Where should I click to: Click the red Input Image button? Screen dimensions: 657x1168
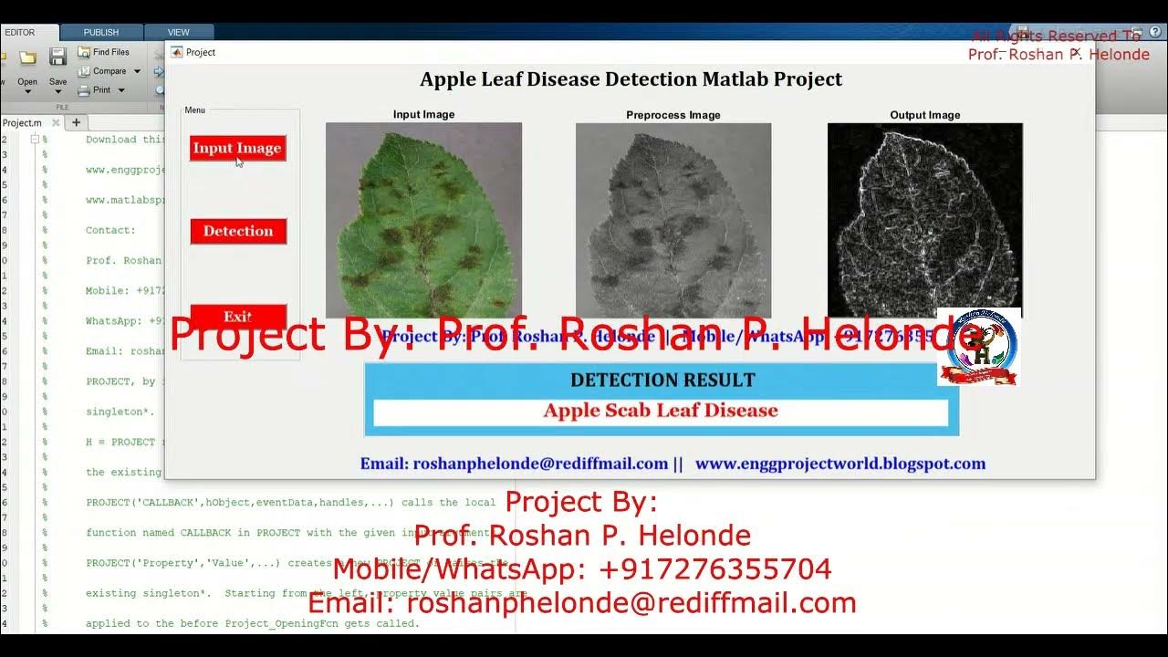pyautogui.click(x=237, y=148)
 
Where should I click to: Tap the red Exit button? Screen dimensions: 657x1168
pyautogui.click(x=238, y=316)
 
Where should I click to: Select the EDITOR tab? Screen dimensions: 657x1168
pyautogui.click(x=20, y=33)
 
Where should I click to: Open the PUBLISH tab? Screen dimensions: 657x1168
pyautogui.click(x=101, y=33)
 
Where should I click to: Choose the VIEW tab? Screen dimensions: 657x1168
pyautogui.click(x=179, y=33)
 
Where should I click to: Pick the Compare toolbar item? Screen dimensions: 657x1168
pyautogui.click(x=109, y=71)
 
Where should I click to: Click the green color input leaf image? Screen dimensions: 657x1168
pyautogui.click(x=423, y=220)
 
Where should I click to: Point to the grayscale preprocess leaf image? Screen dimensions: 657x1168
pyautogui.click(x=673, y=220)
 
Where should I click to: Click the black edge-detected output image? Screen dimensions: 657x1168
pyautogui.click(x=924, y=220)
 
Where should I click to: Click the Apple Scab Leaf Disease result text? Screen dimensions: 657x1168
pyautogui.click(x=661, y=411)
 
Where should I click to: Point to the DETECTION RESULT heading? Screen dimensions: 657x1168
pyautogui.click(x=662, y=380)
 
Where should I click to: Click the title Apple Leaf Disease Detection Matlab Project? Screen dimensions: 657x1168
pyautogui.click(x=631, y=79)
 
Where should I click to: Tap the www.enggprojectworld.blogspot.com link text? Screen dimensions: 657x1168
pyautogui.click(x=839, y=464)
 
